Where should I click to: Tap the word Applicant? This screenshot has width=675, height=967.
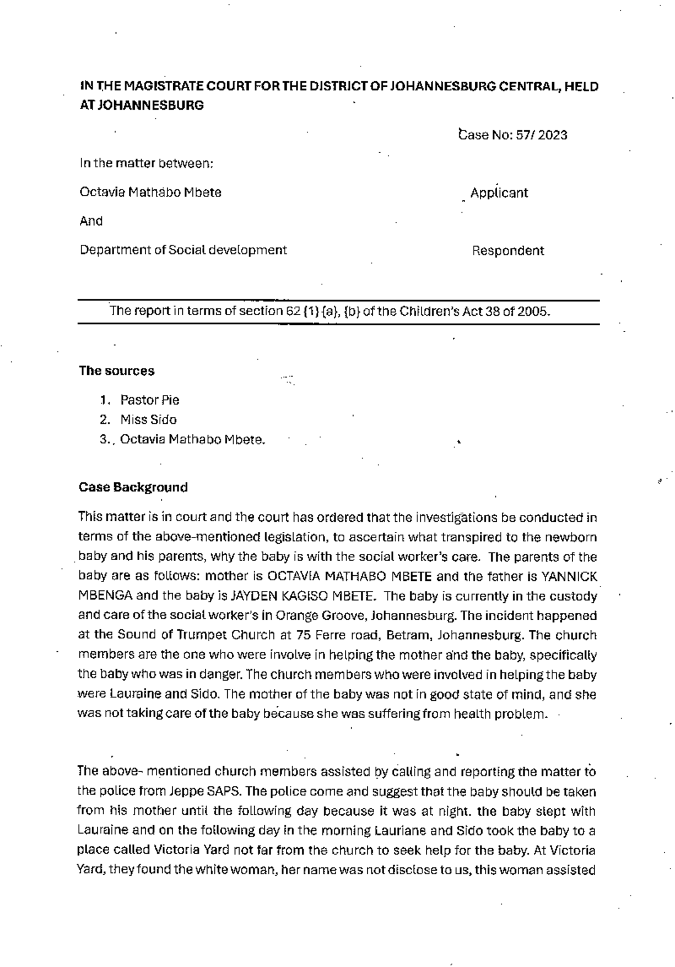pyautogui.click(x=499, y=193)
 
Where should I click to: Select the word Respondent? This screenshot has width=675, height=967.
pyautogui.click(x=507, y=251)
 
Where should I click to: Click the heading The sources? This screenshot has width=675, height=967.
pyautogui.click(x=116, y=371)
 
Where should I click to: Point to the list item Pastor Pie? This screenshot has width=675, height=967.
pyautogui.click(x=150, y=400)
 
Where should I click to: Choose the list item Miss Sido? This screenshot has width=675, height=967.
pyautogui.click(x=148, y=420)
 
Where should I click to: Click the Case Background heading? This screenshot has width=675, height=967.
pyautogui.click(x=133, y=487)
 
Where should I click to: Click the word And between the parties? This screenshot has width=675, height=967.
pyautogui.click(x=91, y=221)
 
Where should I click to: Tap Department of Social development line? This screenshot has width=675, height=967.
pyautogui.click(x=183, y=250)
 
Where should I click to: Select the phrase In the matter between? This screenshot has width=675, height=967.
pyautogui.click(x=146, y=164)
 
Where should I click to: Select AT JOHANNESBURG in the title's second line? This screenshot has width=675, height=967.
pyautogui.click(x=142, y=105)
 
